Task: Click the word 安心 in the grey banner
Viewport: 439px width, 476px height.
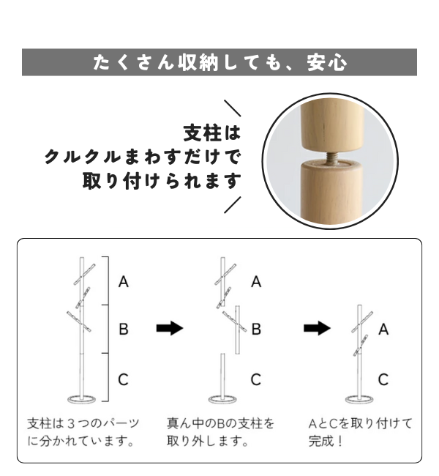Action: click(327, 62)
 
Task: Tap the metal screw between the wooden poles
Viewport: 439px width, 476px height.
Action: click(332, 158)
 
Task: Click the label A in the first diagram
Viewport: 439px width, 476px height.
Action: click(124, 282)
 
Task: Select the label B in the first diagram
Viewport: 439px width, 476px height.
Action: click(124, 329)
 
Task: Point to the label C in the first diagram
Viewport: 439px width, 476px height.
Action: click(123, 379)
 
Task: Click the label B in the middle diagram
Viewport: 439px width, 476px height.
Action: click(256, 329)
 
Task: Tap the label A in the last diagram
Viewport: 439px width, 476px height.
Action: click(383, 329)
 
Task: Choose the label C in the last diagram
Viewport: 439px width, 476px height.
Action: click(383, 379)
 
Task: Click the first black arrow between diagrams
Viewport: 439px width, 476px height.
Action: click(170, 328)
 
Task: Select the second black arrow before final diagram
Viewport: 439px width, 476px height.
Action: click(318, 328)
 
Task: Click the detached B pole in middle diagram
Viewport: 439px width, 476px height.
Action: click(238, 330)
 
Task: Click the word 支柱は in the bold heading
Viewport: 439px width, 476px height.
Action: click(212, 133)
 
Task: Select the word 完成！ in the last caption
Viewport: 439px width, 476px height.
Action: click(326, 441)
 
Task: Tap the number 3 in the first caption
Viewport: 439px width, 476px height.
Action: click(71, 423)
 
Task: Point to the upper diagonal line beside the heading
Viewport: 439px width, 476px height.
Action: click(233, 108)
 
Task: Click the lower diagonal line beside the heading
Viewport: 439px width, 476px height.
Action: click(233, 205)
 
